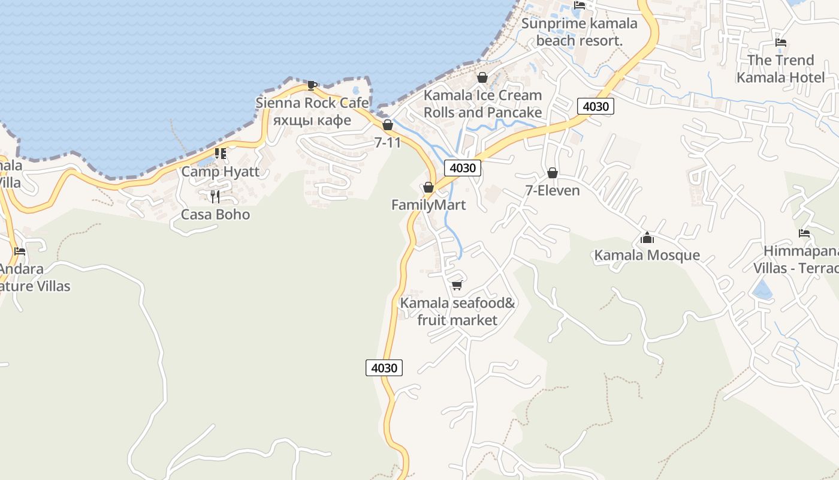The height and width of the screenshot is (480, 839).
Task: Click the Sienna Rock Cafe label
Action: [x=312, y=103]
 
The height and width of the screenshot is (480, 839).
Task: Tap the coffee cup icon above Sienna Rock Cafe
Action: [x=312, y=85]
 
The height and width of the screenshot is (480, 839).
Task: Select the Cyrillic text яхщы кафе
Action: [x=312, y=120]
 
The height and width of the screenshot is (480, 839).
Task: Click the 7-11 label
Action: [x=387, y=142]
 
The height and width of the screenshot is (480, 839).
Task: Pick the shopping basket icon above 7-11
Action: [x=388, y=125]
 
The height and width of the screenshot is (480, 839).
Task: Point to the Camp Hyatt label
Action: [x=220, y=172]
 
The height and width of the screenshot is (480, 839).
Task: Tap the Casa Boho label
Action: [x=215, y=214]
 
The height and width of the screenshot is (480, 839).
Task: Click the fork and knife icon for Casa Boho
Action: [x=215, y=196]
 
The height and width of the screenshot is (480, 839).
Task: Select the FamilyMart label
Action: [x=428, y=205]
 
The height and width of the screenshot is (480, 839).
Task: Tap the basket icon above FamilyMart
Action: [x=428, y=188]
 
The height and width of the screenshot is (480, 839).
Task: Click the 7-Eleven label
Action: [x=553, y=191]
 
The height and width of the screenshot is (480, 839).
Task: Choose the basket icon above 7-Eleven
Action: [x=553, y=173]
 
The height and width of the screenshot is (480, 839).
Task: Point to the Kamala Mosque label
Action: [x=647, y=255]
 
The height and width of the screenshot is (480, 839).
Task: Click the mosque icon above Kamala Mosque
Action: [x=647, y=238]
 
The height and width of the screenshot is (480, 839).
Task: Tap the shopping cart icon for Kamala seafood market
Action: [x=457, y=285]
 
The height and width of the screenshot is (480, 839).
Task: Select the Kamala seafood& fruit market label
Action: [x=457, y=311]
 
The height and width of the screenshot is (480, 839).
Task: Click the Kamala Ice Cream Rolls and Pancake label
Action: [x=482, y=104]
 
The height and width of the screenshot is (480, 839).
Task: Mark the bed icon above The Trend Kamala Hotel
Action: [x=781, y=43]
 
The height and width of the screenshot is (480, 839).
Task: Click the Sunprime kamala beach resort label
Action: [x=580, y=32]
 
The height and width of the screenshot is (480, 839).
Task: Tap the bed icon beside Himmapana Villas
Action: [x=804, y=233]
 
